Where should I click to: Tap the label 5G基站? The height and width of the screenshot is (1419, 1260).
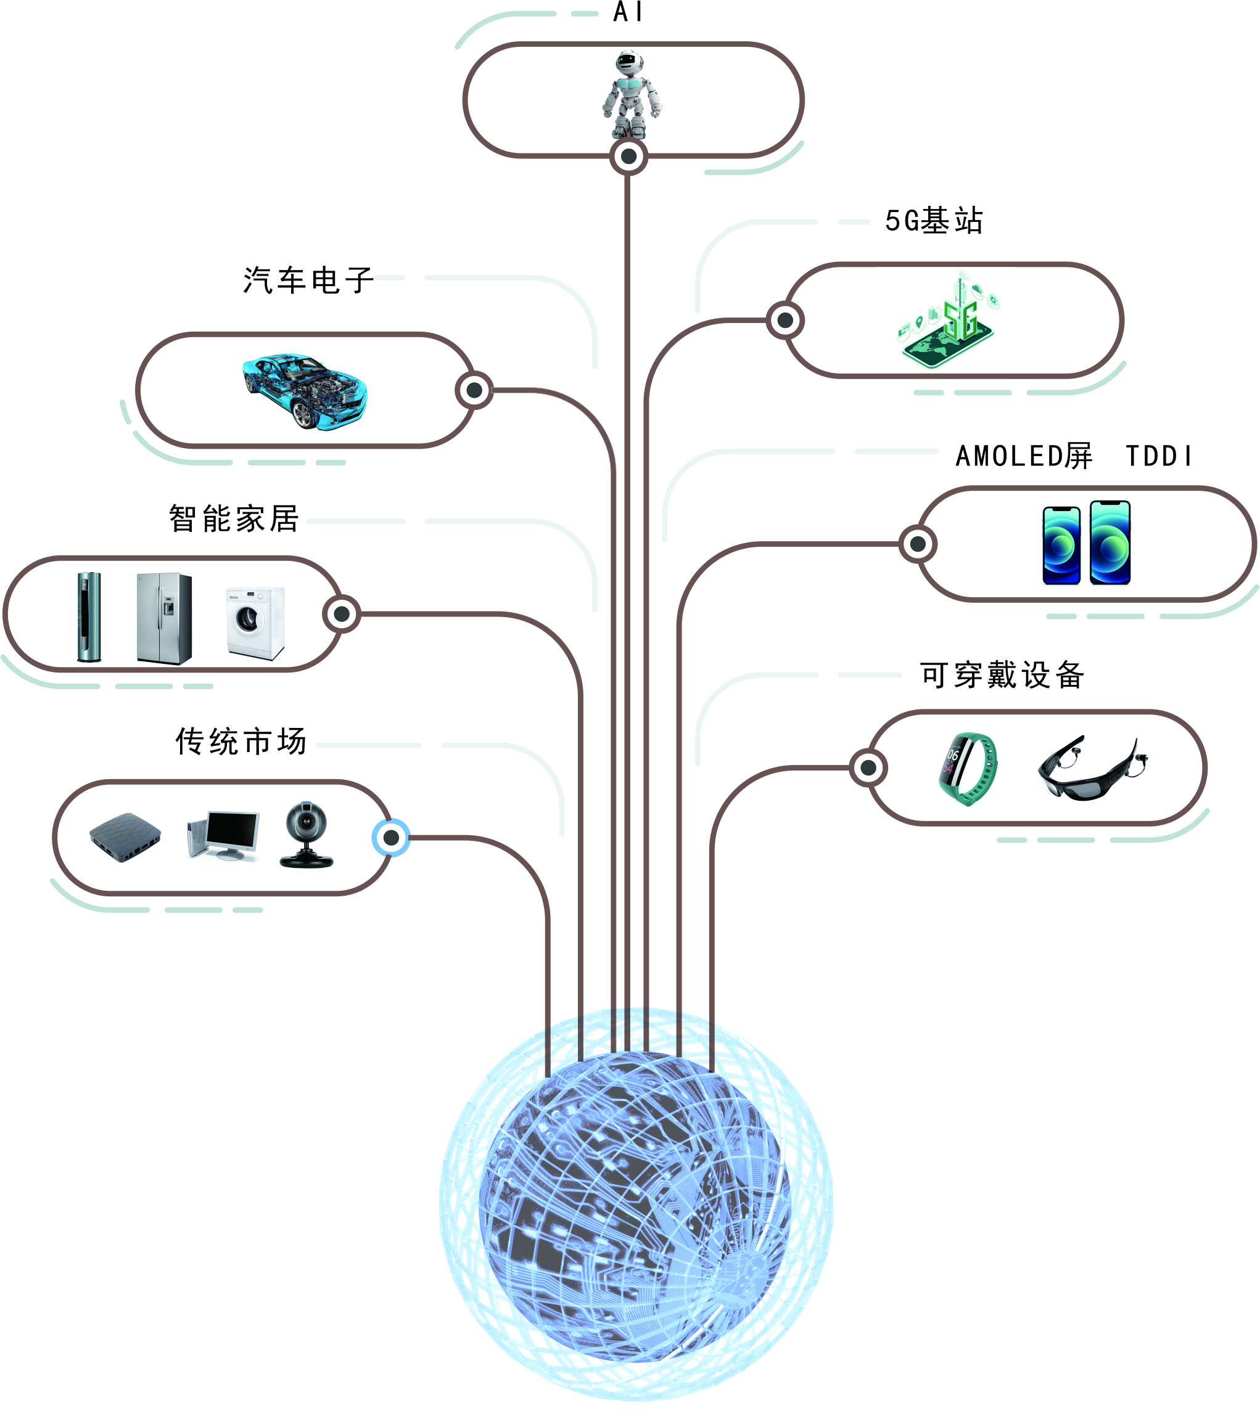pos(934,221)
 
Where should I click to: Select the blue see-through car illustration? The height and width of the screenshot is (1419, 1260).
pos(305,391)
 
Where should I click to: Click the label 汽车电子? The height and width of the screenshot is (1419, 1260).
pos(308,280)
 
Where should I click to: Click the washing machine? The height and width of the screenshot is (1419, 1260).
pos(255,622)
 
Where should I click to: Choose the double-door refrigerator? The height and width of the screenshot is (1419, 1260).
pos(164,618)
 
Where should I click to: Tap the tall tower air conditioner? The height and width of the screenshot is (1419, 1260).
pos(89,616)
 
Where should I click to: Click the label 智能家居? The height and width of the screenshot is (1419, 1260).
pos(234,518)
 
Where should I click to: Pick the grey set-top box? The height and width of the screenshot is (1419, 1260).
pos(126,836)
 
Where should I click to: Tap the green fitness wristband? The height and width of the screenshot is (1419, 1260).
pos(968,768)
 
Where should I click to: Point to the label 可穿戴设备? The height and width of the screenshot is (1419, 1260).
pos(1002,675)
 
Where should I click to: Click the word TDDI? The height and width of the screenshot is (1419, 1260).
pos(1159,456)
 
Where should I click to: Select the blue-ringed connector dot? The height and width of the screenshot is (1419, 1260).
pos(391,838)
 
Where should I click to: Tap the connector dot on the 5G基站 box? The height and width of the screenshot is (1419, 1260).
pos(785,321)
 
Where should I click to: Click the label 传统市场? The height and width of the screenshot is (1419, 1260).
pos(241,742)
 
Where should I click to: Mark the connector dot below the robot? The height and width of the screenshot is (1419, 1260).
pos(628,157)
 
